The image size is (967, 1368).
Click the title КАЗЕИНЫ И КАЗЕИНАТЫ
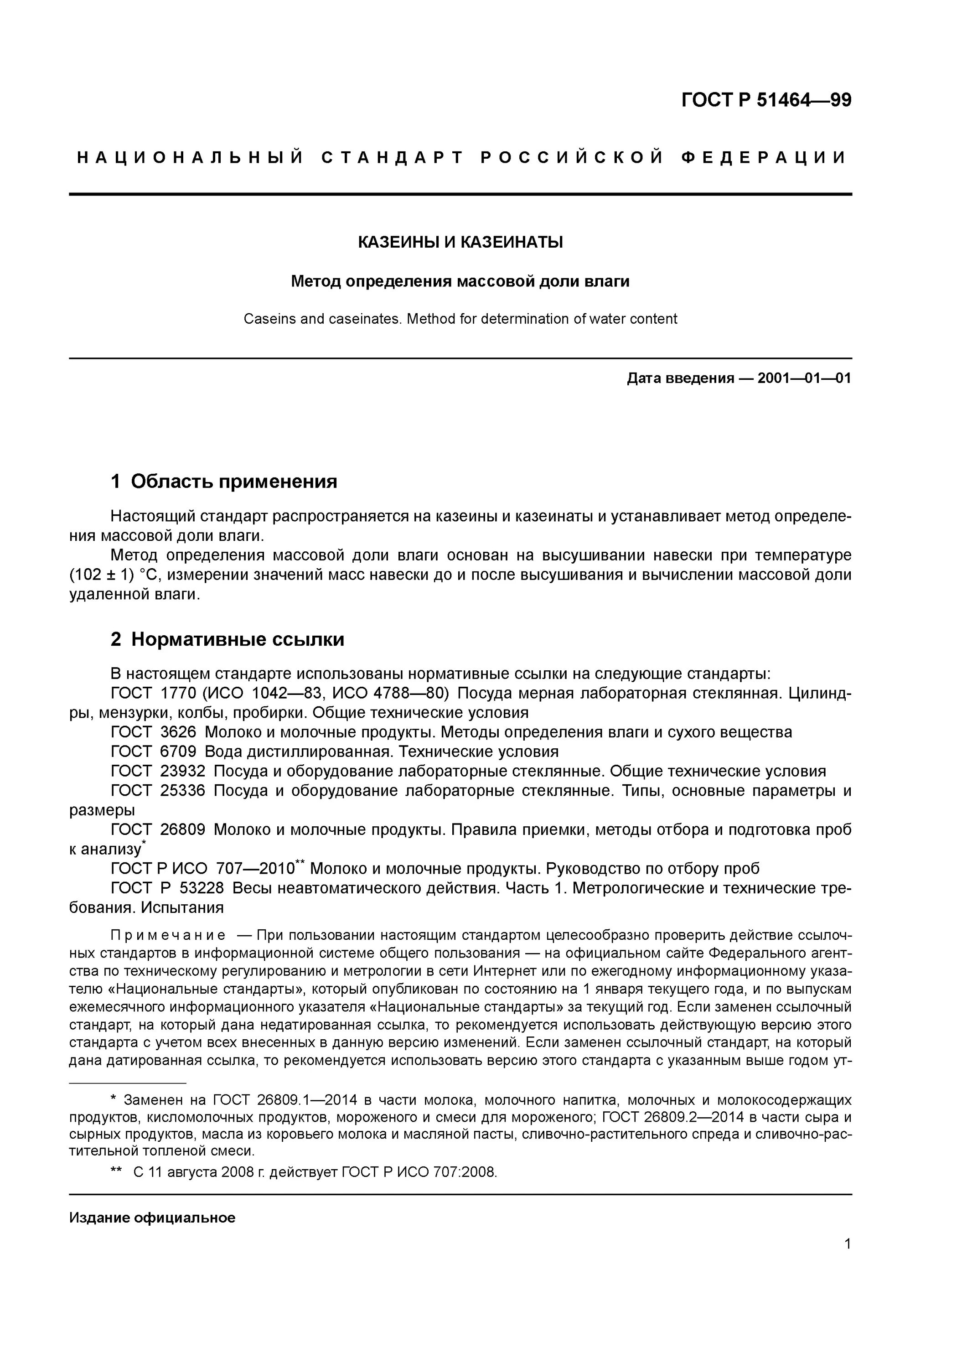(x=460, y=243)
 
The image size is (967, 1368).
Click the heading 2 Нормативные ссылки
(x=228, y=639)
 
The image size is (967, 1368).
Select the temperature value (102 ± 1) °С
(x=111, y=575)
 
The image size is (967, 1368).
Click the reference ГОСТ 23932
(x=157, y=771)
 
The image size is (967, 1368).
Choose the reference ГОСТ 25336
(x=157, y=791)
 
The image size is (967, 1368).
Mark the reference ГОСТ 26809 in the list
(x=157, y=829)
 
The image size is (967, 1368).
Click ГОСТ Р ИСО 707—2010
(x=202, y=869)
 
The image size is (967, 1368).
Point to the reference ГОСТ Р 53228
(x=167, y=888)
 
